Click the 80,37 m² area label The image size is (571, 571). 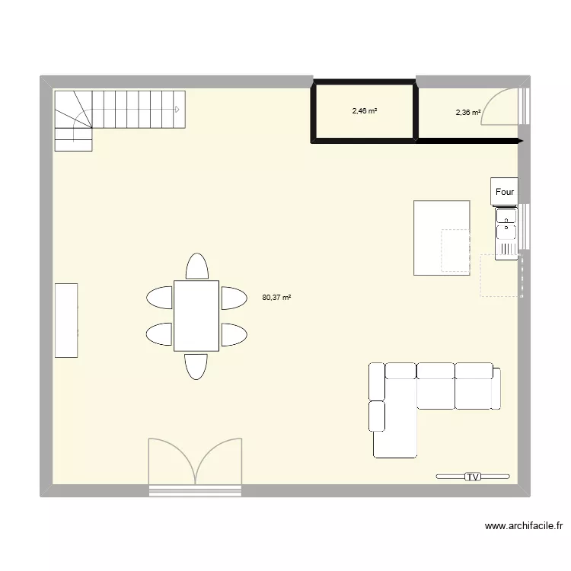276,298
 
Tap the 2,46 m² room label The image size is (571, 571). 365,111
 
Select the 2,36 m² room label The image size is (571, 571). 467,113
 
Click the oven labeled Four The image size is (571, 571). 505,193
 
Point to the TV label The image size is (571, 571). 473,477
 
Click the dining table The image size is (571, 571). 196,316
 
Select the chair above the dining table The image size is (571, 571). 196,267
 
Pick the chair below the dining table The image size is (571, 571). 196,365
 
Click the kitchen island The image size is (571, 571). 441,238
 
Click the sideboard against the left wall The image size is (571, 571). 65,320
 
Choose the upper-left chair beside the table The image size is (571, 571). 160,297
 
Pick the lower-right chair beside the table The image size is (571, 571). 234,334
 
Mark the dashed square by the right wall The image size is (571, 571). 501,275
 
